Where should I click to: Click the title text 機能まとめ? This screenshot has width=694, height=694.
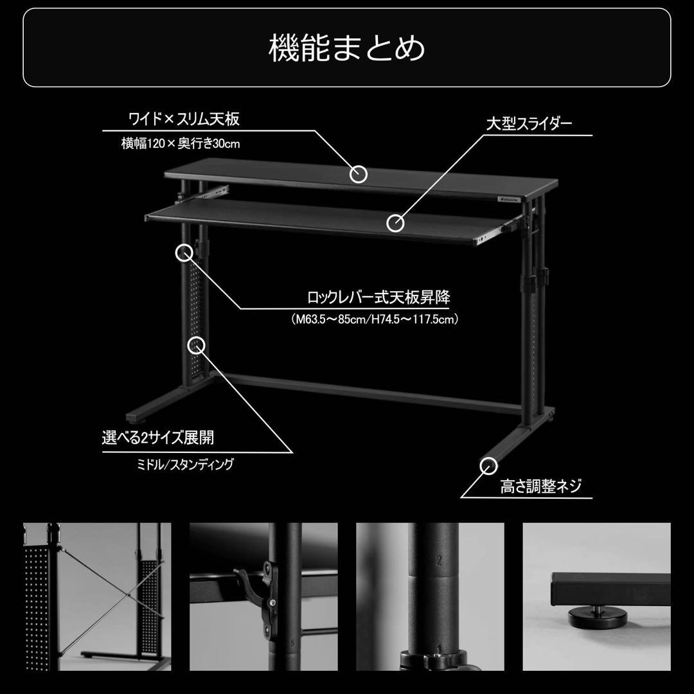pyautogui.click(x=346, y=49)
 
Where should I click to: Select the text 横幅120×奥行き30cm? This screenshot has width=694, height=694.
pyautogui.click(x=180, y=144)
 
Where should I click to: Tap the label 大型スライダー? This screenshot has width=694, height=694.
pyautogui.click(x=528, y=123)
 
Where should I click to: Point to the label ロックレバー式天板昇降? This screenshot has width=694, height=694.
pyautogui.click(x=378, y=298)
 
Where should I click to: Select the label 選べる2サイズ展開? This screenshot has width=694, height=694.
pyautogui.click(x=157, y=438)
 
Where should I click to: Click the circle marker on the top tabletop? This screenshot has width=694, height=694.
pyautogui.click(x=359, y=173)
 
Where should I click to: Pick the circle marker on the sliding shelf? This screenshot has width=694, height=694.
pyautogui.click(x=395, y=223)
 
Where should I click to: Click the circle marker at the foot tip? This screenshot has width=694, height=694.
pyautogui.click(x=489, y=464)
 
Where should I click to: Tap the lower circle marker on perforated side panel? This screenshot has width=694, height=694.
pyautogui.click(x=196, y=345)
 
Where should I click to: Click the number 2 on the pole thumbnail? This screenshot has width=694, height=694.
pyautogui.click(x=439, y=560)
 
